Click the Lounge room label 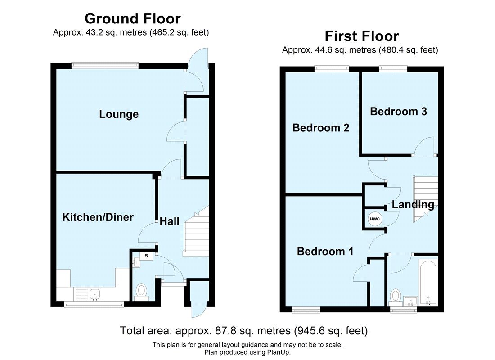[x=119, y=114]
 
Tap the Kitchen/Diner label [x=98, y=217]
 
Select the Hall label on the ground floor [x=170, y=221]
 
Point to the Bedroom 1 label [x=325, y=252]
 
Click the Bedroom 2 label [x=320, y=128]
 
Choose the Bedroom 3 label [x=398, y=111]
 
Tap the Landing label [x=413, y=205]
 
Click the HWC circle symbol [x=374, y=220]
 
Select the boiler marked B [x=146, y=256]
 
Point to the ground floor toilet [x=142, y=290]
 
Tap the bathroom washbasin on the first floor [x=411, y=301]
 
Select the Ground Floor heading [x=132, y=18]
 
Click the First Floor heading [x=362, y=36]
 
